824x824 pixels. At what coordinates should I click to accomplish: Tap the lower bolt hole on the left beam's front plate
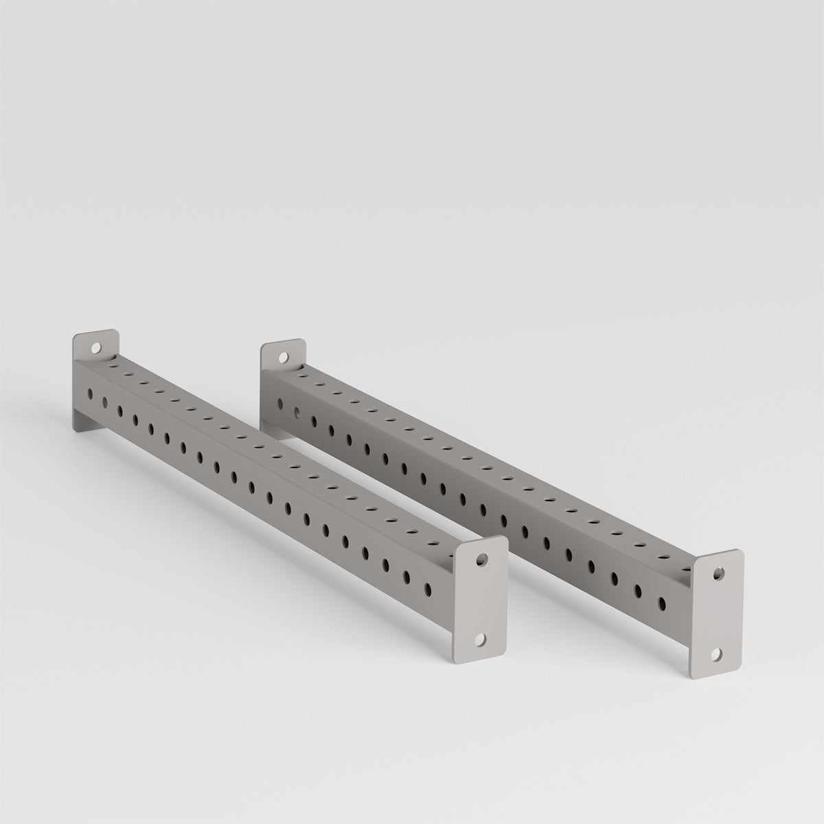point(479,639)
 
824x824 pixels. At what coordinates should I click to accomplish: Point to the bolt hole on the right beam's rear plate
point(282,357)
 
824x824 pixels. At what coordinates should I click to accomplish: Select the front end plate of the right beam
point(717,611)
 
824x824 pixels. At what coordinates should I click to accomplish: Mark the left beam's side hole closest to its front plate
point(428,588)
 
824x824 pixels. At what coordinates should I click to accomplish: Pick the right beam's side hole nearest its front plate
point(663,603)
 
